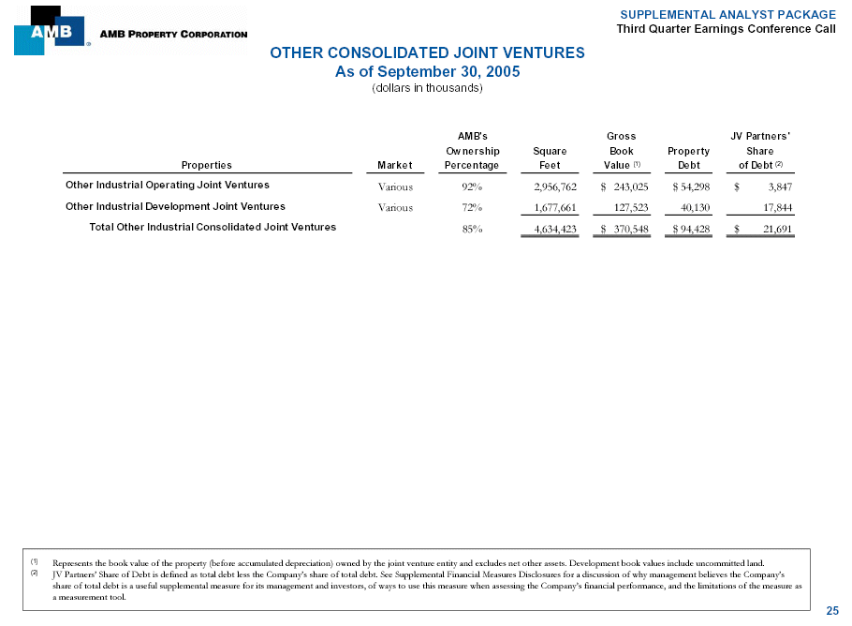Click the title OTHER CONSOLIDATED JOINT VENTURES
pos(427,53)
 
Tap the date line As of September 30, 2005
pos(427,71)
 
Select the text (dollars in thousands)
pos(427,88)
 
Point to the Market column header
pos(394,166)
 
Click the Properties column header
pos(206,166)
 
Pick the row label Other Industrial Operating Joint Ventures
pos(168,185)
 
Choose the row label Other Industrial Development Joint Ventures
pos(175,206)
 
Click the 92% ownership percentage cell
pos(472,186)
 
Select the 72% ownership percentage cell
pos(472,207)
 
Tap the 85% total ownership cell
pos(472,228)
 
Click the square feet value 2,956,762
pos(549,186)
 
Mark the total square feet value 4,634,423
pos(549,228)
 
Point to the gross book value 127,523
pos(628,207)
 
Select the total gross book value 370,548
pos(628,228)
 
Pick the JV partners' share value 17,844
pos(778,207)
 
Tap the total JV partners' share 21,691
pos(778,228)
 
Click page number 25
pos(832,611)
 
